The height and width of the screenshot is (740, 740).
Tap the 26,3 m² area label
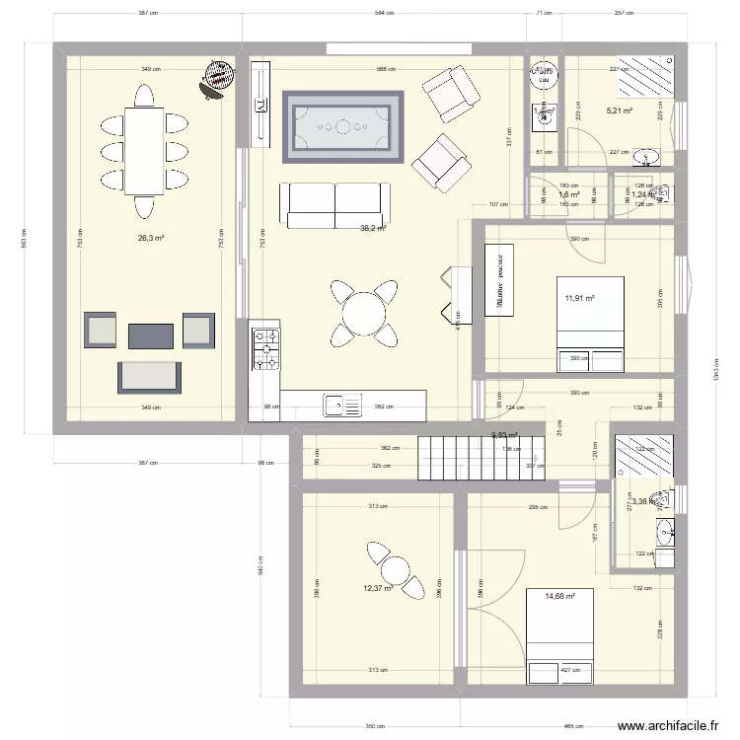pyautogui.click(x=151, y=238)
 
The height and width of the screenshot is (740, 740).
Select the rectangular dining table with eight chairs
pyautogui.click(x=144, y=151)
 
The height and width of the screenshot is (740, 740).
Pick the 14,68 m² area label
pyautogui.click(x=559, y=596)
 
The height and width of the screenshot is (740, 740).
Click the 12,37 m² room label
pyautogui.click(x=378, y=589)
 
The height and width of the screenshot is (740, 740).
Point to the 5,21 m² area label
pyautogui.click(x=619, y=111)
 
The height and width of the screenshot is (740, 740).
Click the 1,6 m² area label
pyautogui.click(x=568, y=195)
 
